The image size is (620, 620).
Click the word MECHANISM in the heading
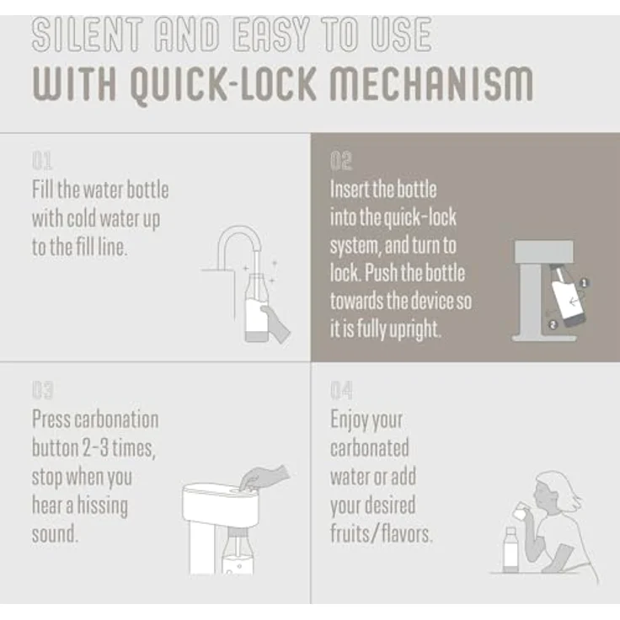(432, 84)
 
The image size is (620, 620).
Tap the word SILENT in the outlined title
(87, 35)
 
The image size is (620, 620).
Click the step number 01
(42, 161)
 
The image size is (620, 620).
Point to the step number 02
(341, 161)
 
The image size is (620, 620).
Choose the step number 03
(42, 390)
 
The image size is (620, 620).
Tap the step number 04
(341, 390)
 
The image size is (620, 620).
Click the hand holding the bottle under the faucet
(275, 323)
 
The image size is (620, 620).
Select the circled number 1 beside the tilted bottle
(584, 283)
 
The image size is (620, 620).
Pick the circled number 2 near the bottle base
(553, 324)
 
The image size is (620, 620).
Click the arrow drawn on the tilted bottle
(574, 302)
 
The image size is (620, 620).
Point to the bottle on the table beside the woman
(510, 549)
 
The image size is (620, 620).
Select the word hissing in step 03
(103, 506)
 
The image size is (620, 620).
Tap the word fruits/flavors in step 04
(382, 534)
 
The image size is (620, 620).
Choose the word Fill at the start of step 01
(43, 190)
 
